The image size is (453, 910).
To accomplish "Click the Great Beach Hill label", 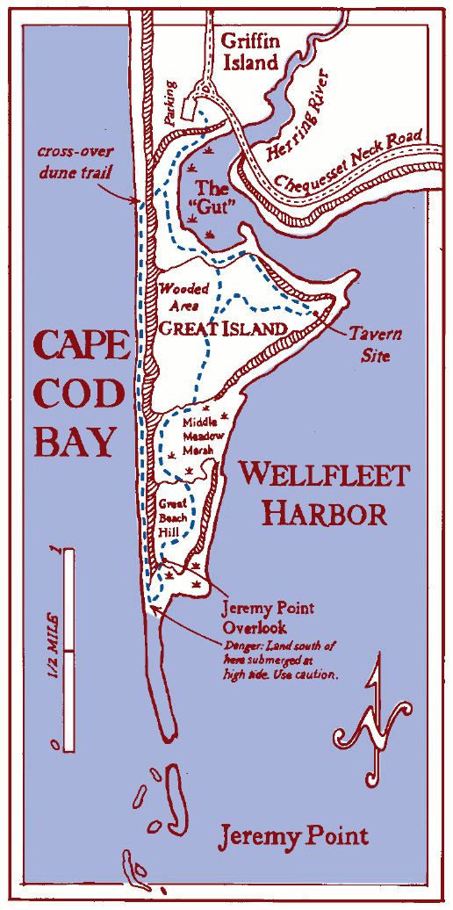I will [176, 518].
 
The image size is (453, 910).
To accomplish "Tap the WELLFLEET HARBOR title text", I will [324, 494].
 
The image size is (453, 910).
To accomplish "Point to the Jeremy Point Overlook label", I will [269, 617].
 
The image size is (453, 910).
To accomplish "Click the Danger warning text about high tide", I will [280, 660].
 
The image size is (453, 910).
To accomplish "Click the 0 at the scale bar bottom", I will [55, 745].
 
